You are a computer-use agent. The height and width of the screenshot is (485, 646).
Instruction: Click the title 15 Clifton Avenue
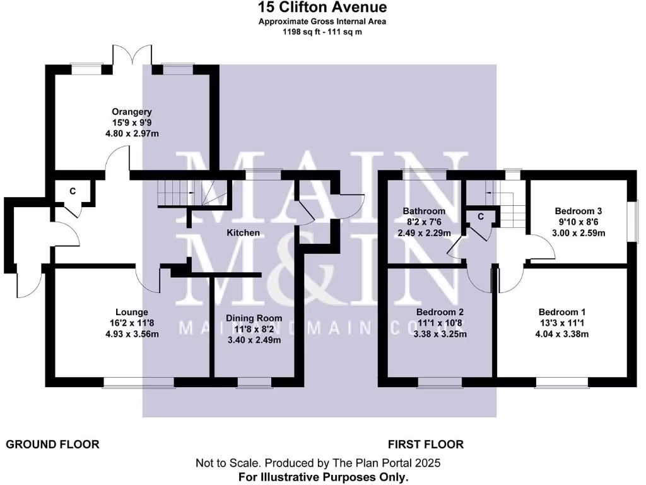point(322,8)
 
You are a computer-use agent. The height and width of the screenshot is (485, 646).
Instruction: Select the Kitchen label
point(243,232)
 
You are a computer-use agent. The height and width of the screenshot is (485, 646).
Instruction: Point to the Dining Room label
point(254,318)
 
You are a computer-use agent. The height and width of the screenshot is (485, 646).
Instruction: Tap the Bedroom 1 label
point(562,312)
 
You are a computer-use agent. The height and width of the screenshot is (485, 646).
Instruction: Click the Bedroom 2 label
point(440,312)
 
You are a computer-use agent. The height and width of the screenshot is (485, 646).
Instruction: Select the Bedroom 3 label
point(579,211)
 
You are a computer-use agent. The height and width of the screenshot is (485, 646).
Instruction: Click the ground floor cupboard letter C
point(73,191)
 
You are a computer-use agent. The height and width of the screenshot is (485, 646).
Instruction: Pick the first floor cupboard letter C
point(481,217)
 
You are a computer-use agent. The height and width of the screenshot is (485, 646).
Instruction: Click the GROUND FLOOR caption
point(53,445)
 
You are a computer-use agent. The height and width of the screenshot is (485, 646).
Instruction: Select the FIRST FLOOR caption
point(426,445)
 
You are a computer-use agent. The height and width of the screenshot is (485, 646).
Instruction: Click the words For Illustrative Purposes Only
point(323,477)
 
